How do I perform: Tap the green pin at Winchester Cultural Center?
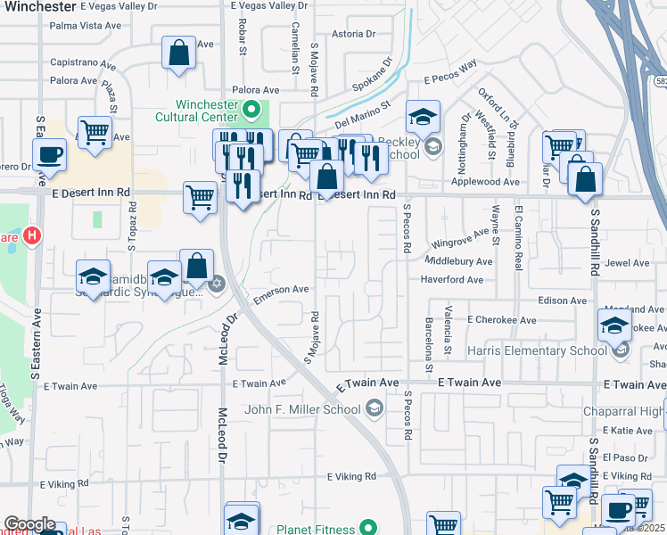pyautogui.click(x=252, y=111)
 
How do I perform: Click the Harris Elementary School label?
pyautogui.click(x=538, y=350)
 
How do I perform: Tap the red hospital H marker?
pyautogui.click(x=31, y=237)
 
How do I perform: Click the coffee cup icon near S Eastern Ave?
pyautogui.click(x=50, y=155)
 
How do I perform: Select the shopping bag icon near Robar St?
pyautogui.click(x=179, y=53)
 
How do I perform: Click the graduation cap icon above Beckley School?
pyautogui.click(x=423, y=117)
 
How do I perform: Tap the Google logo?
pyautogui.click(x=29, y=524)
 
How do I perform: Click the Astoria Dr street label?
pyautogui.click(x=353, y=35)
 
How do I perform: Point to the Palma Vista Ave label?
pyautogui.click(x=86, y=25)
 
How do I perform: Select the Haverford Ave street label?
pyautogui.click(x=452, y=279)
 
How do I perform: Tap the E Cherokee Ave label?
pyautogui.click(x=501, y=319)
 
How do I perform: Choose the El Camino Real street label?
pyautogui.click(x=518, y=237)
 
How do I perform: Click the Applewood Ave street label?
pyautogui.click(x=486, y=182)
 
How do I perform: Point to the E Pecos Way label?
pyautogui.click(x=451, y=79)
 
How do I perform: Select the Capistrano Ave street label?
pyautogui.click(x=83, y=65)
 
